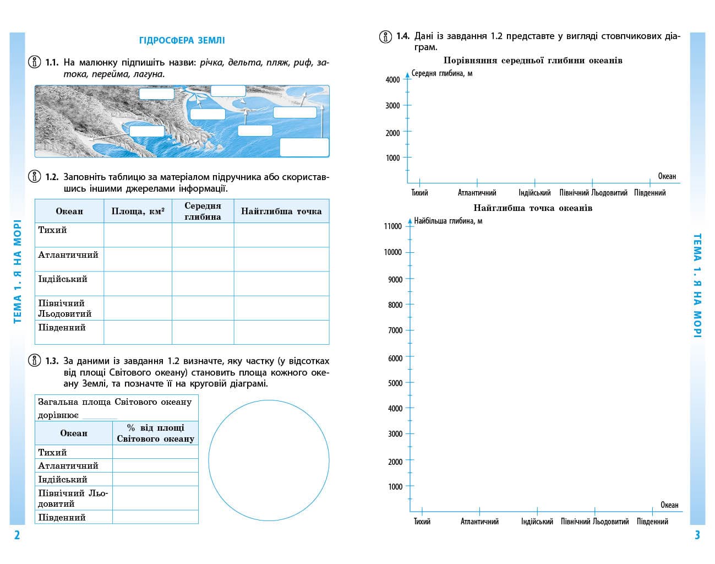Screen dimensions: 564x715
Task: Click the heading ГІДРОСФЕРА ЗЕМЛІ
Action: [182, 40]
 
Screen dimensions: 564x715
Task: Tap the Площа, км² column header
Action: [138, 211]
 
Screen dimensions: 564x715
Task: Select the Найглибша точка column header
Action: [281, 211]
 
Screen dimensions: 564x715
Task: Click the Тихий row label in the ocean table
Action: [52, 230]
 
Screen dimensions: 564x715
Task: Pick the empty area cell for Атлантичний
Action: [138, 259]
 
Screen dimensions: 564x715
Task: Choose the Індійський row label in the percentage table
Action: [62, 479]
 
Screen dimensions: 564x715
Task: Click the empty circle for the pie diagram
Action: [269, 460]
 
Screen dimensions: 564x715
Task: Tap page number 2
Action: [17, 535]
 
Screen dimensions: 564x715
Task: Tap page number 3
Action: [697, 535]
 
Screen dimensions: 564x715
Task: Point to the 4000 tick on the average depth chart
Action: [393, 80]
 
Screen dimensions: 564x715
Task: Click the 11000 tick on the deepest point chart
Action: [393, 226]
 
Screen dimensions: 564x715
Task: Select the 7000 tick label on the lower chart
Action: [395, 330]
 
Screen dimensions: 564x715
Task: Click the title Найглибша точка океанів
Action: [533, 208]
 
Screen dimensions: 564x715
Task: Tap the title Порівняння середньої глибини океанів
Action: [533, 61]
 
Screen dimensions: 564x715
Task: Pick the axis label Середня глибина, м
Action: [442, 73]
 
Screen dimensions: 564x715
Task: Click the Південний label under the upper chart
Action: [649, 193]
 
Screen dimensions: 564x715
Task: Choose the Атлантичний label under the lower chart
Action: [479, 522]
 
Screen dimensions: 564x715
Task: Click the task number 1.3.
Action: [52, 361]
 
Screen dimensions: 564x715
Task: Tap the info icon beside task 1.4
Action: [385, 36]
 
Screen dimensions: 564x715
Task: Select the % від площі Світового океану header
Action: [155, 433]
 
